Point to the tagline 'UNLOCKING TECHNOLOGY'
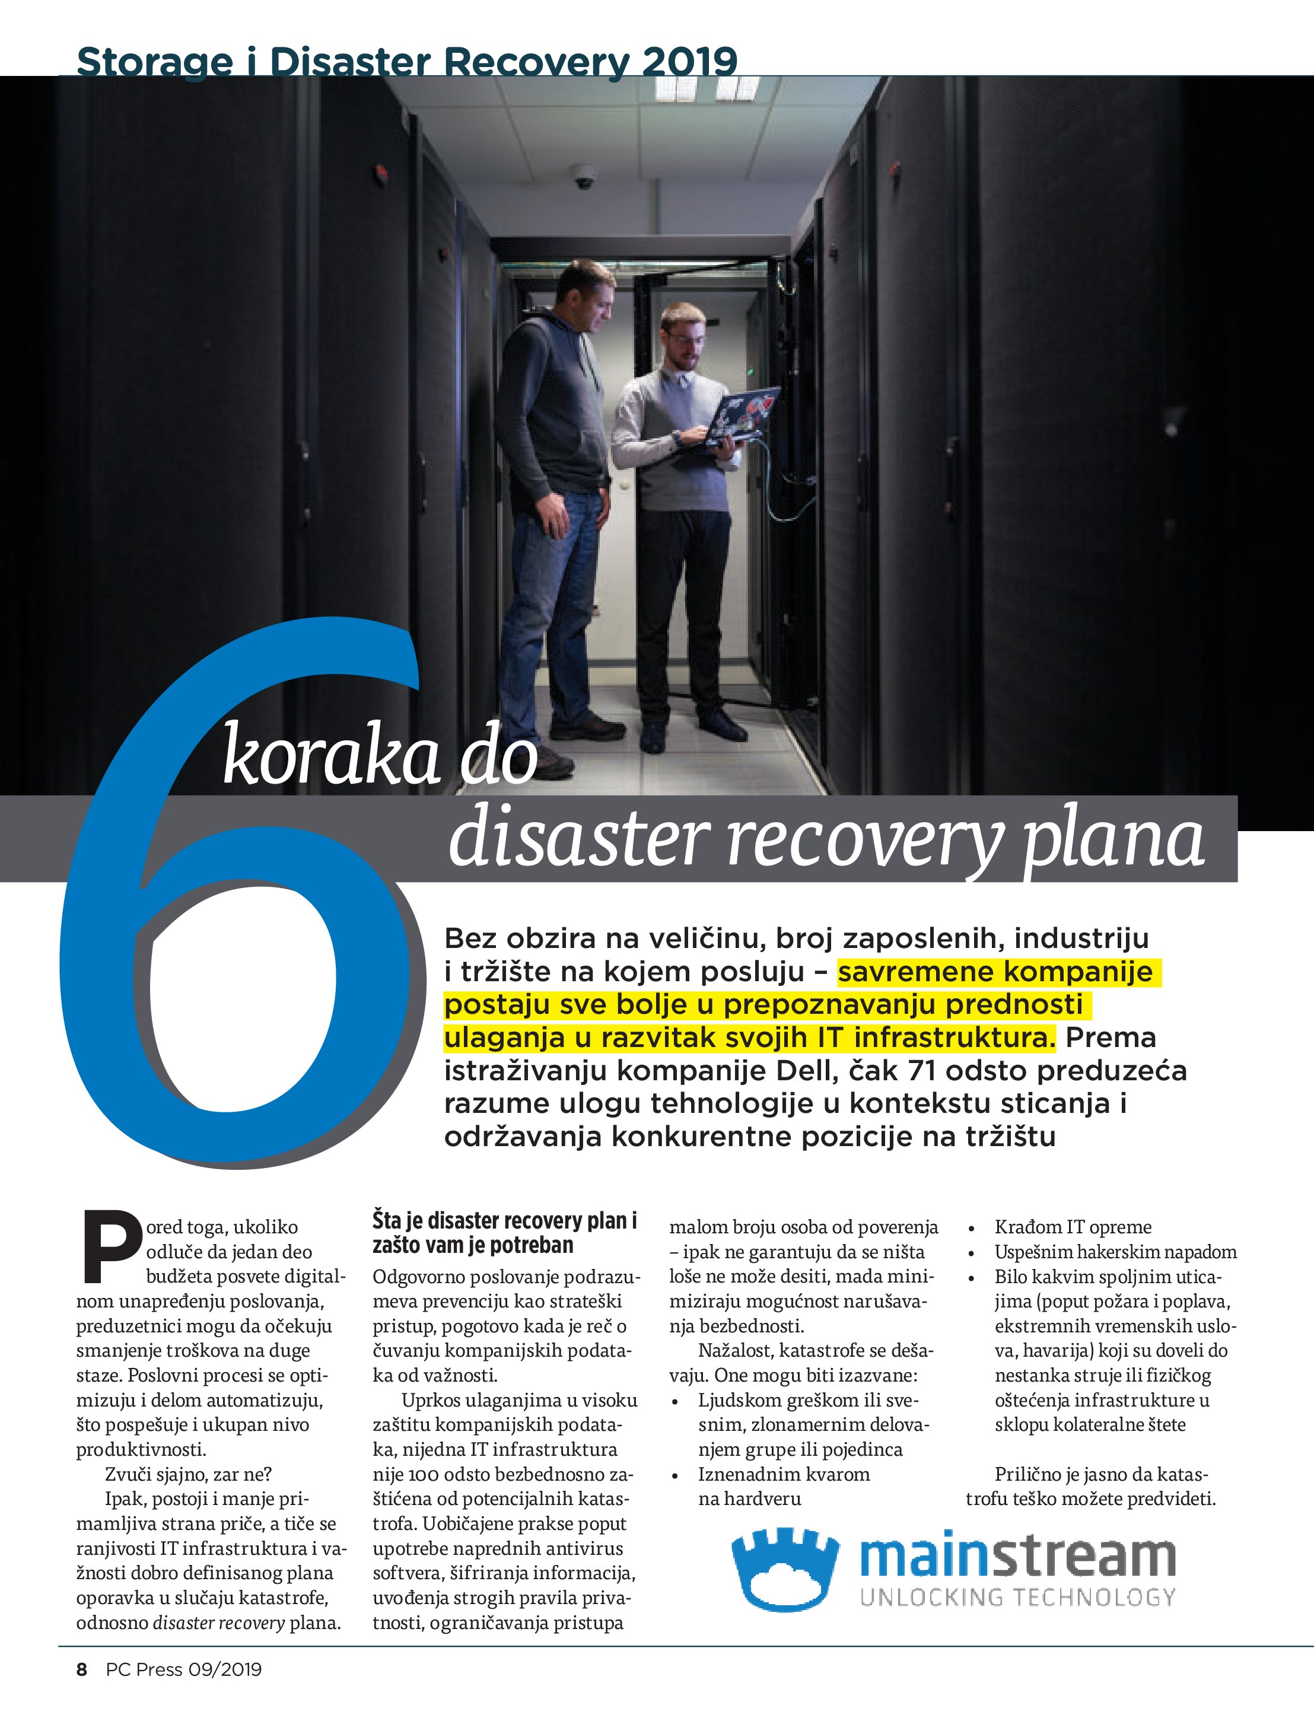[x=1017, y=1598]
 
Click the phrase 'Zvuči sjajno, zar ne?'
[x=188, y=1475]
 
